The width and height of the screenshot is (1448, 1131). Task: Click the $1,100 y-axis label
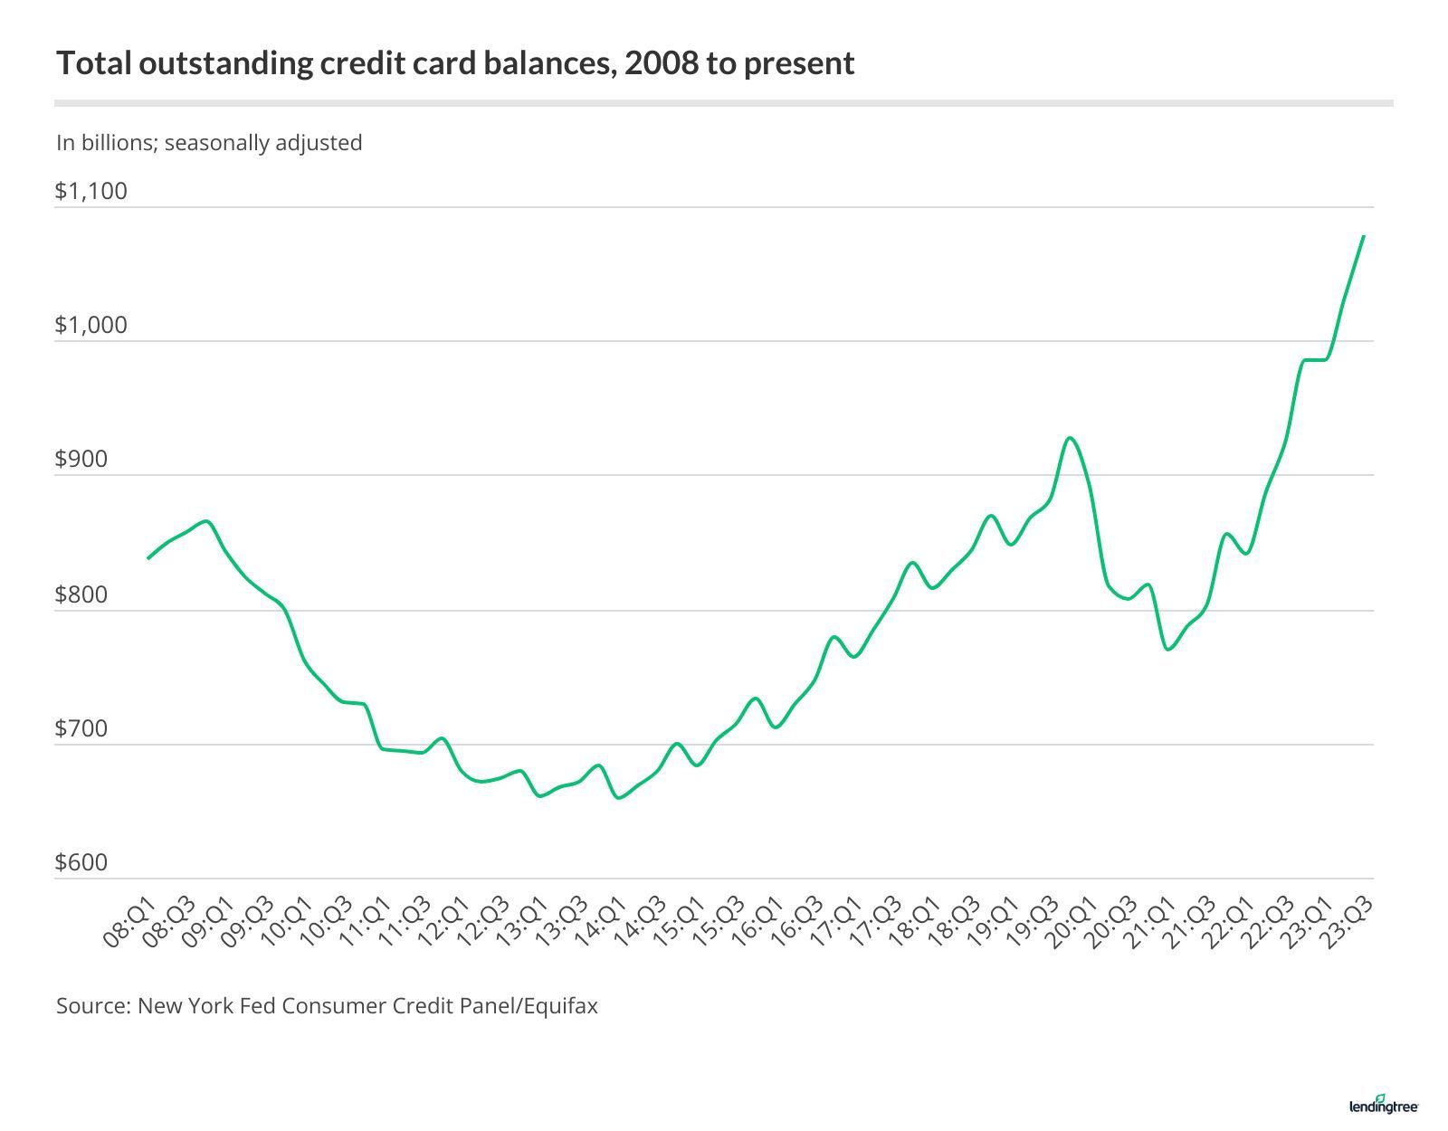coord(91,191)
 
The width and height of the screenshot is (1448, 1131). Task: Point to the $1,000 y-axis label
coord(91,325)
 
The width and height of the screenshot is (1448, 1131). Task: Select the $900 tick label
coord(81,460)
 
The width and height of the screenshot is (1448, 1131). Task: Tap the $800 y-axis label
coord(81,594)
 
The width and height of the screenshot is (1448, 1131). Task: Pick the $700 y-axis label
coord(81,728)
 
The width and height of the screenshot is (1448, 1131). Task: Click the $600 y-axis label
coord(81,862)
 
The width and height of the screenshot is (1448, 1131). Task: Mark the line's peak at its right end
coord(1363,236)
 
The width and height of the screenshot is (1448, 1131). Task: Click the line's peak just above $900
coord(1071,438)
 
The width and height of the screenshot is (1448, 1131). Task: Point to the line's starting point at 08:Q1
coord(148,558)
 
